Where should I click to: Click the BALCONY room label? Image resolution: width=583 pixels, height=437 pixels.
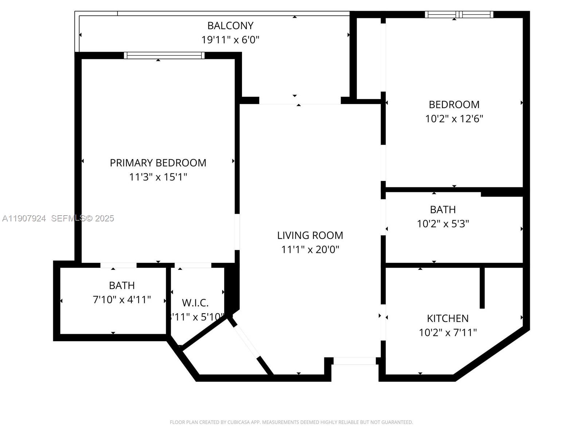[230, 25]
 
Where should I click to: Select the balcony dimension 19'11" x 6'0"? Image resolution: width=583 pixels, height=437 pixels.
[230, 39]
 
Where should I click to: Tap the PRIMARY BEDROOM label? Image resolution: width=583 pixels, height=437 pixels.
[158, 163]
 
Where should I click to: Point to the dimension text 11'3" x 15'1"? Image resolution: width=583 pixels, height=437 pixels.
[158, 177]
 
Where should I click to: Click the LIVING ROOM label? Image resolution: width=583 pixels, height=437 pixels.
[310, 235]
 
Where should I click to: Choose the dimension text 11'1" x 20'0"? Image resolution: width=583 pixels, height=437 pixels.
[310, 249]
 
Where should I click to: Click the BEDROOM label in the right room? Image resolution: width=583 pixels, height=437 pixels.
[454, 105]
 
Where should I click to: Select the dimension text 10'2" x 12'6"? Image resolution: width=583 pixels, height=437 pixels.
[454, 119]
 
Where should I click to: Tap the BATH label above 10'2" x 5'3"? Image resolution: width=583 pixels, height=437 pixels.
[443, 209]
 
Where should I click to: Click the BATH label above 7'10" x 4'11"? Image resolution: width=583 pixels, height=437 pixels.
[122, 285]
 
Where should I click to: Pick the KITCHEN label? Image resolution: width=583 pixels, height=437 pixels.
[448, 318]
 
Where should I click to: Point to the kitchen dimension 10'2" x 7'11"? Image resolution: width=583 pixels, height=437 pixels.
[448, 332]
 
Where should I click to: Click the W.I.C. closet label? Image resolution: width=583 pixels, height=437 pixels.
[195, 303]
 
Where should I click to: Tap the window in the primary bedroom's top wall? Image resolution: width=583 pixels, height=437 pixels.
[164, 55]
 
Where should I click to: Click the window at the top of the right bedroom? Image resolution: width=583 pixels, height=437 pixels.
[459, 15]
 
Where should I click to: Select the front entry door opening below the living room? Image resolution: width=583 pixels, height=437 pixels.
[355, 361]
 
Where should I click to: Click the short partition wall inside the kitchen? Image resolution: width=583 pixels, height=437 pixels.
[482, 288]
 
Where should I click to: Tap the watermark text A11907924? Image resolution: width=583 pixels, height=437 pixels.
[24, 218]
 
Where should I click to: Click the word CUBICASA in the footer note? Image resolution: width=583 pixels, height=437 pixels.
[238, 422]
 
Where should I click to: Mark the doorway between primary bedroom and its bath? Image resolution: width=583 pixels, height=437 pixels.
[118, 265]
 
